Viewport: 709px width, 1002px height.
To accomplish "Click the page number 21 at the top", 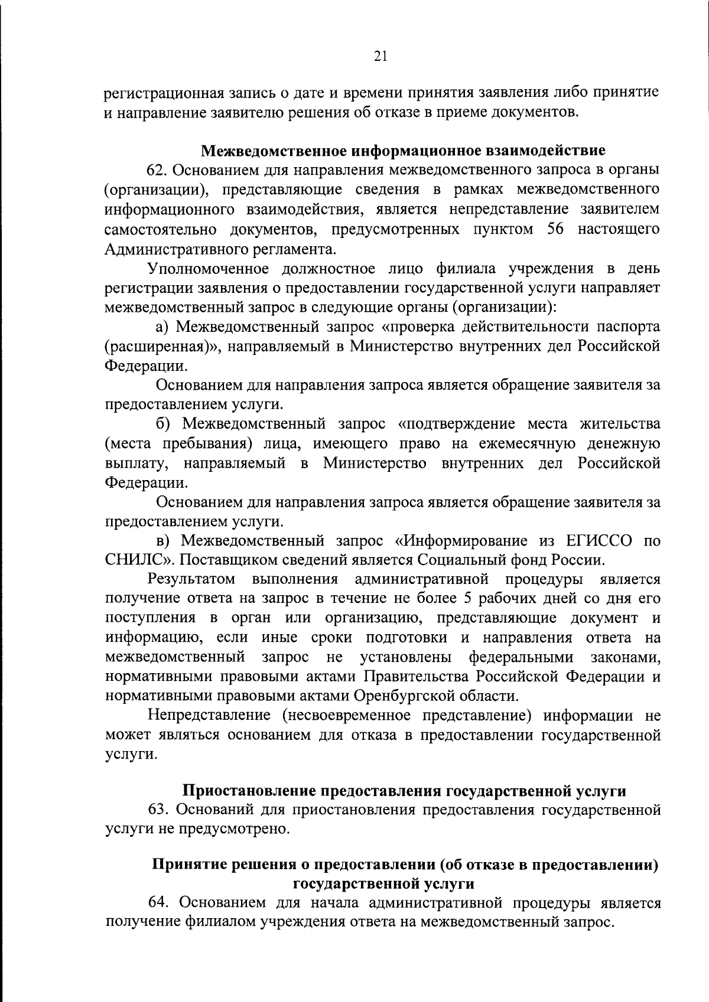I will tap(380, 56).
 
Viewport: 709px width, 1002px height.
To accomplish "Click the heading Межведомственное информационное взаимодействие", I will tap(404, 151).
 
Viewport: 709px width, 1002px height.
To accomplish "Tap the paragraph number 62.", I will tap(158, 170).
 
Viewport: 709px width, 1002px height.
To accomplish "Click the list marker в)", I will tap(163, 540).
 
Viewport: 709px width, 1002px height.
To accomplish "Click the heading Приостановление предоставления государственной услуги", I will tap(404, 791).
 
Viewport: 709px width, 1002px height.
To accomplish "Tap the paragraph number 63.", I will tap(158, 810).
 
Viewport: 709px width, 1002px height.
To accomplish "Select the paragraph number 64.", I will tap(158, 902).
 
